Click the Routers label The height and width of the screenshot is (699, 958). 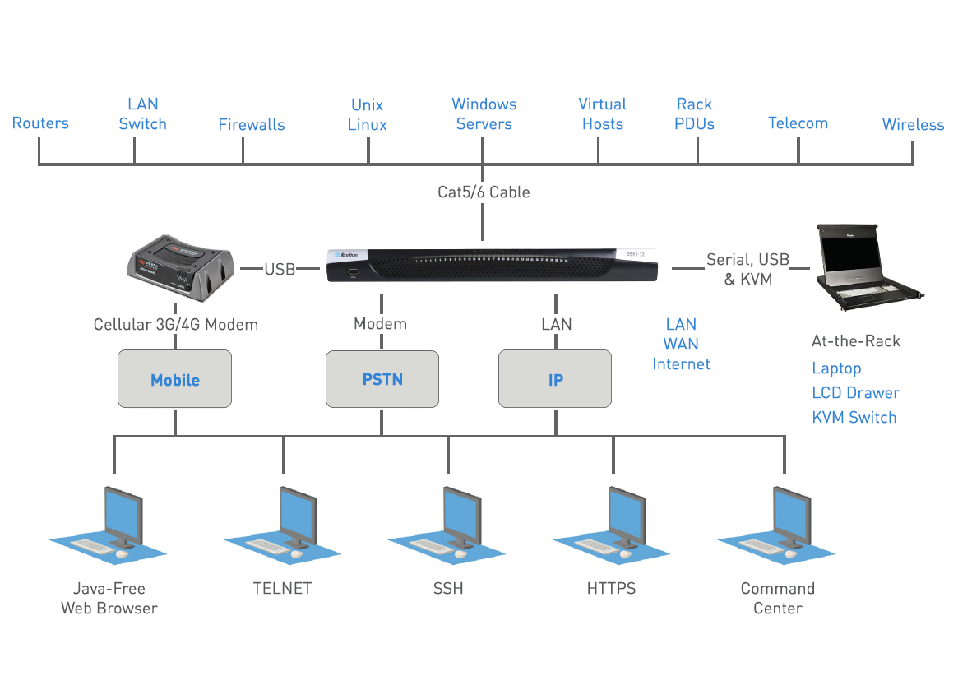(x=40, y=123)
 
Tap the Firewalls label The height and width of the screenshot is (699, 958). (x=252, y=125)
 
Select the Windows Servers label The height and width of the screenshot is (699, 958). (x=484, y=114)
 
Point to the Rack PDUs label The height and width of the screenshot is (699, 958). (x=695, y=114)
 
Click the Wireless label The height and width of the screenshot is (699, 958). (x=913, y=125)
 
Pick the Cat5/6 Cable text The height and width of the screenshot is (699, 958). (x=484, y=192)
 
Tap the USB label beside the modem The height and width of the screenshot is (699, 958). (x=280, y=269)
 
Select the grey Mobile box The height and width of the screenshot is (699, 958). (x=175, y=379)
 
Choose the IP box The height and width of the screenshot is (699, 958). (x=555, y=379)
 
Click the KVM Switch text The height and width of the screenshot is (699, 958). (x=854, y=417)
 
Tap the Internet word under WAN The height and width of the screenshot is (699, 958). (x=681, y=363)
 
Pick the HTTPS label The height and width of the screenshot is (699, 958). (x=611, y=589)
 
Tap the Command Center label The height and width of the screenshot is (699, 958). (x=777, y=599)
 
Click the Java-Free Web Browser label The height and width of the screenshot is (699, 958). (x=109, y=599)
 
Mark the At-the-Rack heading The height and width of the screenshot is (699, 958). (x=855, y=341)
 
